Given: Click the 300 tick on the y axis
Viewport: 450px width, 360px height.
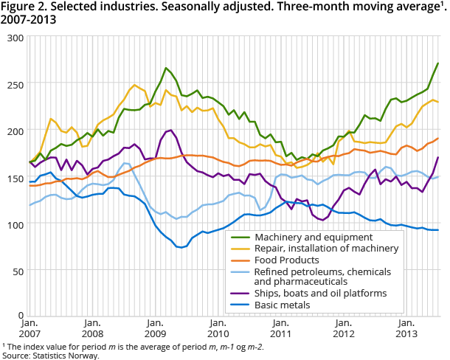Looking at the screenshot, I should pos(14,38).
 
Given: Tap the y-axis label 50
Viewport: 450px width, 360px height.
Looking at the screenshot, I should pos(17,271).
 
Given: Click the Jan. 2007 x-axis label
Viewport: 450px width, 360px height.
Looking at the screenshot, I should pos(30,329).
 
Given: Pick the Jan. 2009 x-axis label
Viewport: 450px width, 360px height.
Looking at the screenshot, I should pos(155,329).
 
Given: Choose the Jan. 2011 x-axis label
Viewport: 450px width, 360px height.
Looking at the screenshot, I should pos(280,329).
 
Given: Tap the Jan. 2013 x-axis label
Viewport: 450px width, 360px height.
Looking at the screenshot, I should pos(406,329).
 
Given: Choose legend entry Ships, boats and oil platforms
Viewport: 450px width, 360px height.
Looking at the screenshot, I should pos(307,293).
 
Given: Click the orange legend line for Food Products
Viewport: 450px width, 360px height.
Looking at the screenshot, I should pos(238,260).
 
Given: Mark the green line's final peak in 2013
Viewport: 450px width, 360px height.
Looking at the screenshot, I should pos(438,63).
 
